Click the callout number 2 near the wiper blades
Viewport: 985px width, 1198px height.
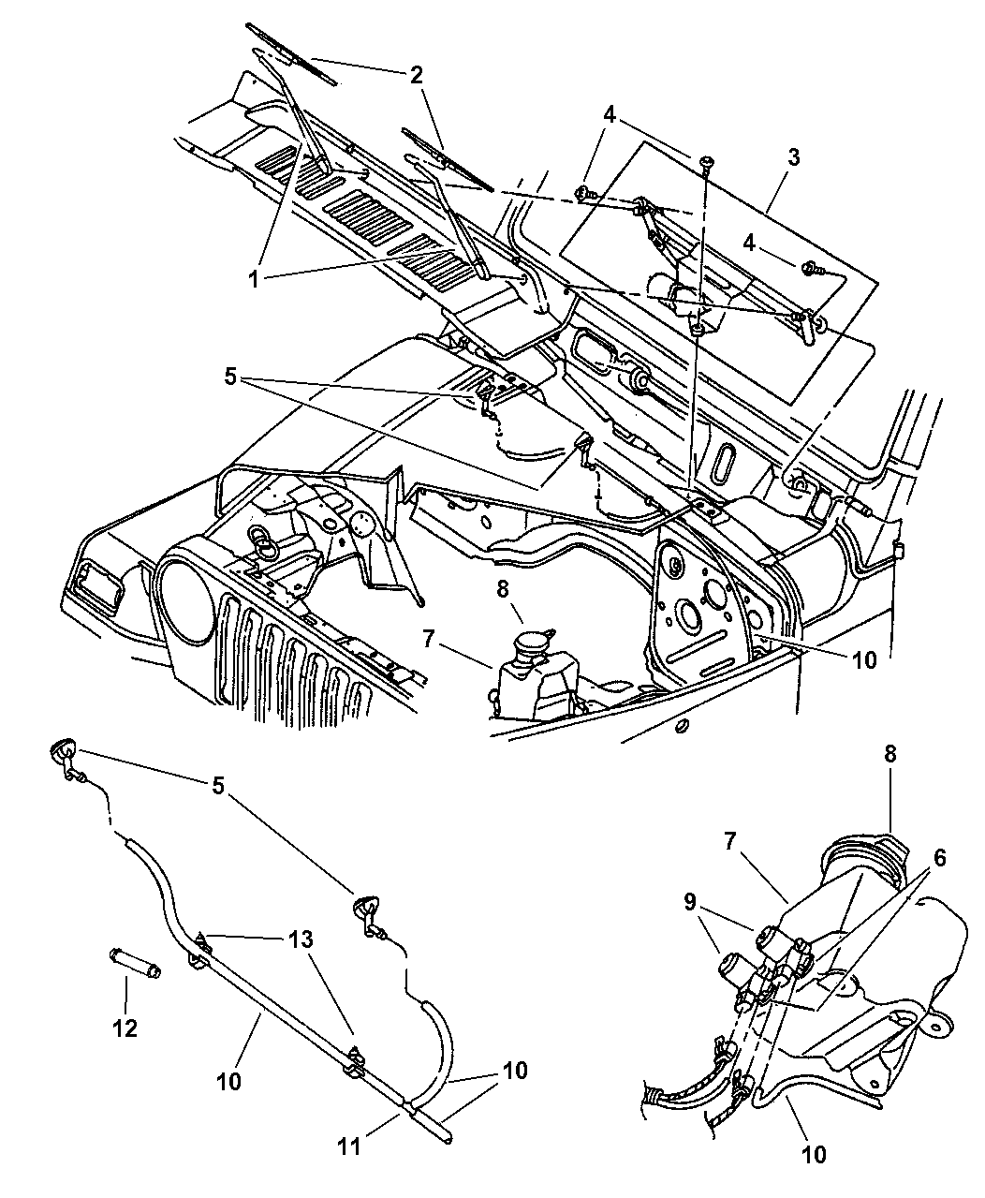(x=416, y=74)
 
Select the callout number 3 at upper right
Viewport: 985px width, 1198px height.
(x=794, y=157)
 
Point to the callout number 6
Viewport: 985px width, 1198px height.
(x=939, y=858)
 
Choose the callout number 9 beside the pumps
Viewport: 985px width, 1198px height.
(x=689, y=901)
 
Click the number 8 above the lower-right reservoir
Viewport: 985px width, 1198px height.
(x=889, y=754)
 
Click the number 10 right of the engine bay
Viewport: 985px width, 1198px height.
(x=864, y=660)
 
